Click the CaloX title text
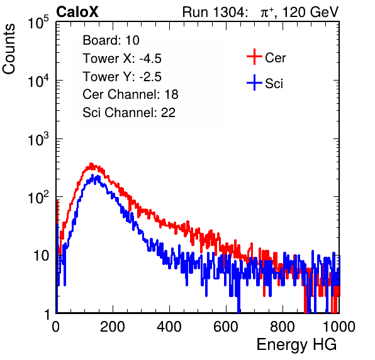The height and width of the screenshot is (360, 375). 77,12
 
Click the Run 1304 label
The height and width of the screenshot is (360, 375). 213,12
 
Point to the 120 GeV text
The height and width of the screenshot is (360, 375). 311,12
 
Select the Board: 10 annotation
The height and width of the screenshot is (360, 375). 111,40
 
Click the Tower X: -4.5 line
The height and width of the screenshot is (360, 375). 122,59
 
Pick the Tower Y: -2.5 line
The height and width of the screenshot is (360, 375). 122,77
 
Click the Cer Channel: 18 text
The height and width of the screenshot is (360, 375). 130,94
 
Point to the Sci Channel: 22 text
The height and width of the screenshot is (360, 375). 129,113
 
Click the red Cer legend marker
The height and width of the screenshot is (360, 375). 254,57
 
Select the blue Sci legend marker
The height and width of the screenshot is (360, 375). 254,82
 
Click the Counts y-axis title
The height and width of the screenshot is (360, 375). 9,49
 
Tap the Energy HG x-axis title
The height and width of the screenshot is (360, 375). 296,344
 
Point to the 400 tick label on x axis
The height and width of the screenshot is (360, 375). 169,327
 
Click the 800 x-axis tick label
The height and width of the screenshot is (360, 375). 283,327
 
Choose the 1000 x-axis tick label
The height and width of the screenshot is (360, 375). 339,327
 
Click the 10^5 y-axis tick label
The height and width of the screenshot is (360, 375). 38,23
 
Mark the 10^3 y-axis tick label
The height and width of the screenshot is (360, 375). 38,139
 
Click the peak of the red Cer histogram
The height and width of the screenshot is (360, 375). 91,164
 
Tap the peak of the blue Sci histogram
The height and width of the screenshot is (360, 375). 98,176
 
